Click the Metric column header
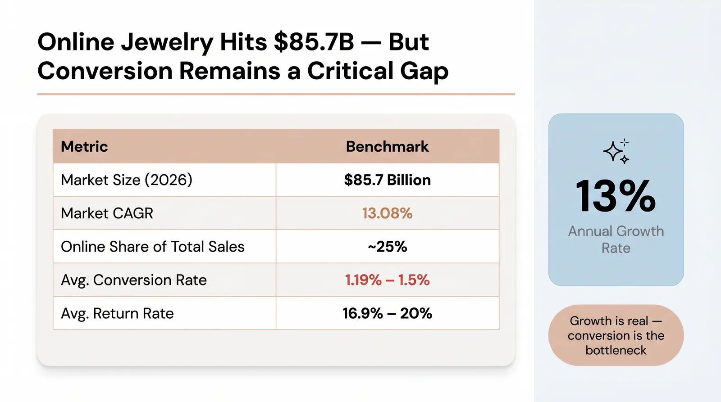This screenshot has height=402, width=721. [84, 147]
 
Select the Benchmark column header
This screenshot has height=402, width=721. [387, 147]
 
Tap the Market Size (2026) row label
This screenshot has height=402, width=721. [127, 180]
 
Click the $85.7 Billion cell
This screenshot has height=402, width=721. [387, 180]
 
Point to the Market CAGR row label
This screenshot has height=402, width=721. [107, 213]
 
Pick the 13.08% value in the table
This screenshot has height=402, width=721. [387, 213]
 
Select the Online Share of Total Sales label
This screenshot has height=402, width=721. [153, 247]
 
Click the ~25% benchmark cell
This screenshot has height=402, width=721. [387, 247]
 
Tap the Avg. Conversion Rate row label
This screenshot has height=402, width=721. [133, 280]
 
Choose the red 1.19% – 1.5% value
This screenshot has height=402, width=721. [387, 280]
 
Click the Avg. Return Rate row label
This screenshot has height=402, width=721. [117, 314]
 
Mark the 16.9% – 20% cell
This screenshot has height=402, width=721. [387, 314]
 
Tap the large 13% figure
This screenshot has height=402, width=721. [616, 196]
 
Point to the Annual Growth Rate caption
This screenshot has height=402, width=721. [616, 239]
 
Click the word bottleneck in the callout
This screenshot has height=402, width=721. [616, 350]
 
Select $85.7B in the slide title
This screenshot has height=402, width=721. [314, 42]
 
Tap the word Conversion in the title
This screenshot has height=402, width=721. [105, 71]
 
